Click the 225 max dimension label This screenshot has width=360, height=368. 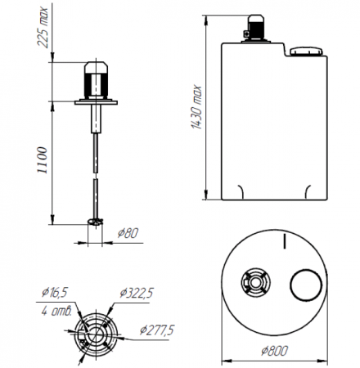[43, 27]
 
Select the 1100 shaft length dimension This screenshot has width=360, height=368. [43, 160]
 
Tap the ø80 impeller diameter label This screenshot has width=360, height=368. [128, 233]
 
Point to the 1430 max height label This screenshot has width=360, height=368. [196, 107]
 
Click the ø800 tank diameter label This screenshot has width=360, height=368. [274, 351]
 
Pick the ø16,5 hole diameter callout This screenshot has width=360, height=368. [55, 293]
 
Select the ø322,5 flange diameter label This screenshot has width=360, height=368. [137, 293]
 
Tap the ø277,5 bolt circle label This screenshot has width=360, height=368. [157, 330]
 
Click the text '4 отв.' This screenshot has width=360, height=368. [56, 311]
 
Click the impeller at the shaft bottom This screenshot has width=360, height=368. [96, 222]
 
